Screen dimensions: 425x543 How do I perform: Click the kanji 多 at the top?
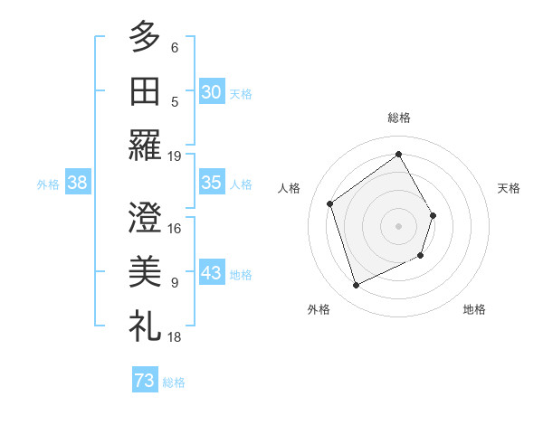(x=145, y=37)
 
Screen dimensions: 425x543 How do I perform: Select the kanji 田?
(x=145, y=90)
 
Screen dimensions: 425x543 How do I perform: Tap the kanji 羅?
(x=145, y=145)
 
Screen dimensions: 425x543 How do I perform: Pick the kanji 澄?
(x=145, y=217)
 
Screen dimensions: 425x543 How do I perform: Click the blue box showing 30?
(x=212, y=91)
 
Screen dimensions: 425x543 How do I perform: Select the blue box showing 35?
(x=212, y=183)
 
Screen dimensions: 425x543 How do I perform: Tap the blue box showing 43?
(x=212, y=274)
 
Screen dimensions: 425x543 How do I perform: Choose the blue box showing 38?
(x=78, y=183)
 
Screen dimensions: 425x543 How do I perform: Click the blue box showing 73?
(x=145, y=381)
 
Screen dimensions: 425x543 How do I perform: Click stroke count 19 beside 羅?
(x=175, y=156)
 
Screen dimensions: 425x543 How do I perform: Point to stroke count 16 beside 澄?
(x=175, y=228)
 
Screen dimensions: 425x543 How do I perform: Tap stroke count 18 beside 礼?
(x=175, y=336)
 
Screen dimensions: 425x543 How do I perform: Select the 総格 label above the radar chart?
(x=399, y=118)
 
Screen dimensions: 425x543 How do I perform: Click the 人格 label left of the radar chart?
(x=290, y=188)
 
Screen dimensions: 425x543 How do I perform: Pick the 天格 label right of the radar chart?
(x=510, y=188)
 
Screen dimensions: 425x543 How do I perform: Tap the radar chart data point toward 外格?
(x=356, y=286)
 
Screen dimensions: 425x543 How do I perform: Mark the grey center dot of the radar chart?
(x=399, y=225)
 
